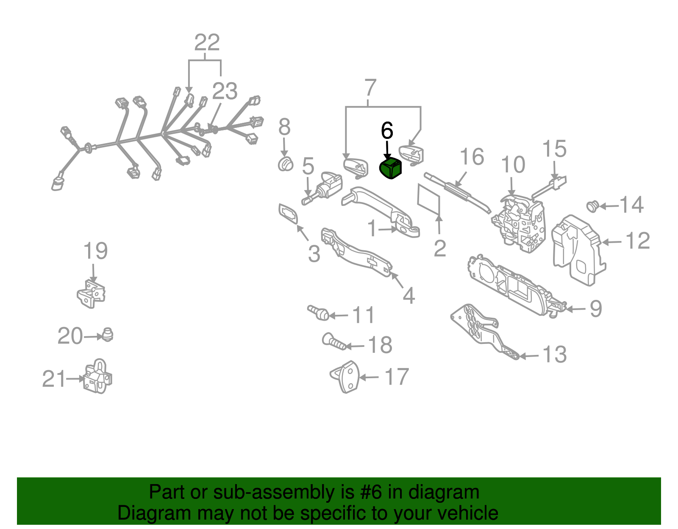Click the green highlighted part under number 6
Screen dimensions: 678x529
click(x=390, y=168)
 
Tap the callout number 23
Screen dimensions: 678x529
click(x=225, y=91)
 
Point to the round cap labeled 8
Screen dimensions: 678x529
click(x=285, y=164)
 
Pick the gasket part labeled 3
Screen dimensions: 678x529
click(x=288, y=214)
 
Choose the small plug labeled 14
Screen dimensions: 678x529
click(x=592, y=206)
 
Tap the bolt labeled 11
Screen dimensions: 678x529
click(x=318, y=313)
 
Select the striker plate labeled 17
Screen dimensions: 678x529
click(x=345, y=377)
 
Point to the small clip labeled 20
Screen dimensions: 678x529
click(x=107, y=335)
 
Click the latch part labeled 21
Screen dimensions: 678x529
click(x=97, y=376)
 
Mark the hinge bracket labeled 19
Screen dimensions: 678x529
click(x=91, y=294)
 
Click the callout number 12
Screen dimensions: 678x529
click(x=638, y=240)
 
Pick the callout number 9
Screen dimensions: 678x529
click(x=596, y=309)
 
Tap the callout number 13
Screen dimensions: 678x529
click(x=554, y=355)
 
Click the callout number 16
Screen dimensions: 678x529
click(x=472, y=156)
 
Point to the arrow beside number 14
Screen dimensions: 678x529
click(x=609, y=206)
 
